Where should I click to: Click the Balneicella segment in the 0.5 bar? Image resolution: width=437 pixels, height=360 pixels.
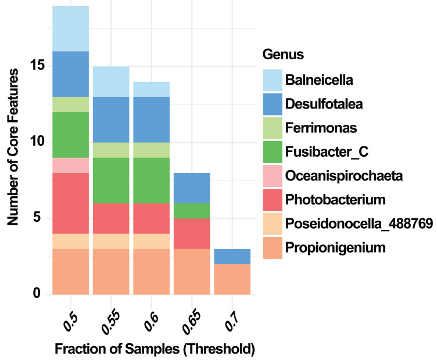point(70,28)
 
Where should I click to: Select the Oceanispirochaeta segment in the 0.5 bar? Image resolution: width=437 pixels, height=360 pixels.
point(70,165)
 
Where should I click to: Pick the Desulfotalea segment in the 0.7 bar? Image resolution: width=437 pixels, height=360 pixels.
point(232,257)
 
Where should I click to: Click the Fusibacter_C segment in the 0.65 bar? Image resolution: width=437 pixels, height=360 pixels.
point(191,211)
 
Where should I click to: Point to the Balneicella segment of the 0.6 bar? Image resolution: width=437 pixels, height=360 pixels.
point(151,89)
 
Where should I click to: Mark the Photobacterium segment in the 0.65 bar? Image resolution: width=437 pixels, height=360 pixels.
point(191,233)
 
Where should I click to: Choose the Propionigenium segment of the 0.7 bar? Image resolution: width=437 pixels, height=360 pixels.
point(232,279)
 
